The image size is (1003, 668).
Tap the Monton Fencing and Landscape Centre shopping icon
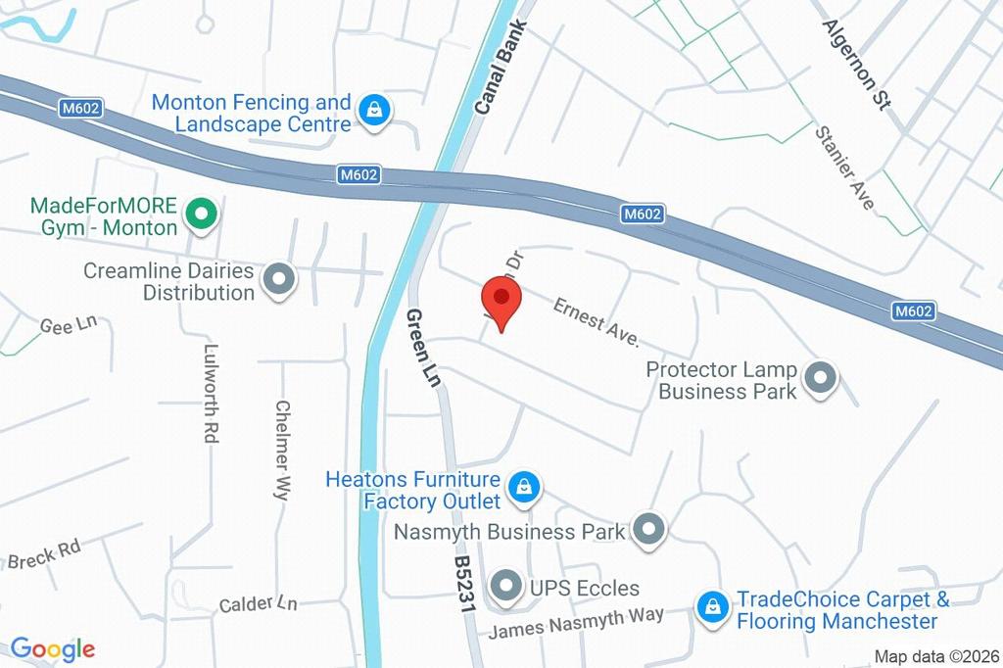point(374,112)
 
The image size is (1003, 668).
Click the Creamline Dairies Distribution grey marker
point(279,280)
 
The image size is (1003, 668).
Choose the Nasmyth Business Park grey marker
point(647,531)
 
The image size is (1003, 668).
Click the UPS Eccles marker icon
point(505,587)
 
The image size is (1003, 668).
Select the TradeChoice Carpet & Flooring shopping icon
point(712,608)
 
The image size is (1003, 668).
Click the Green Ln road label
point(423,348)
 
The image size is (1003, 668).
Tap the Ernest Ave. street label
point(596,322)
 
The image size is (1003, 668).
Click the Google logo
point(53,648)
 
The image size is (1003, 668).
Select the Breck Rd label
point(44,554)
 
